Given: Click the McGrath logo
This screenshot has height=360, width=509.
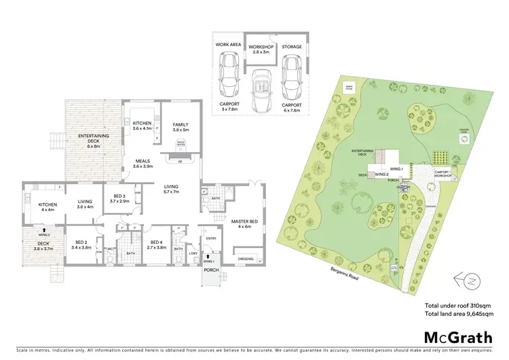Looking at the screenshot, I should [458, 338].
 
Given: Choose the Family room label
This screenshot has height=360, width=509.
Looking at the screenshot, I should [181, 127].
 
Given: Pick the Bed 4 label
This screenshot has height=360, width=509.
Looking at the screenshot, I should [157, 245].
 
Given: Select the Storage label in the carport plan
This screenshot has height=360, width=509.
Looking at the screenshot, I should [292, 47].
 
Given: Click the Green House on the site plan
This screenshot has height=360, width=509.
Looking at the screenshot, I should [350, 87].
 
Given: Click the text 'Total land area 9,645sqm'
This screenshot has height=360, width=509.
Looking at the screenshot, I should [459, 314].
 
